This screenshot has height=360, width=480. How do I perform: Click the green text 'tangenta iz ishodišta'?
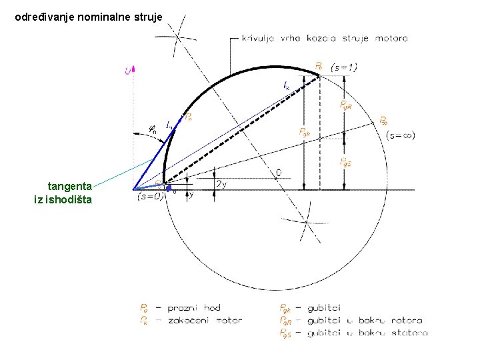click(63, 193)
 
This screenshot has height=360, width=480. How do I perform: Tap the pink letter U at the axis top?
click(127, 70)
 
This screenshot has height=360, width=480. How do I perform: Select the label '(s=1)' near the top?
click(344, 67)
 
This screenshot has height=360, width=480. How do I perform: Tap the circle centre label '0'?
click(278, 173)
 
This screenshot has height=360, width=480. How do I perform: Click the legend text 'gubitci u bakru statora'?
click(367, 332)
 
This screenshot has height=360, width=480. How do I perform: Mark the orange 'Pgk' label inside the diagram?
click(305, 132)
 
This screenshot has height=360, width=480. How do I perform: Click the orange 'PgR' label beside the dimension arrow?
click(346, 105)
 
